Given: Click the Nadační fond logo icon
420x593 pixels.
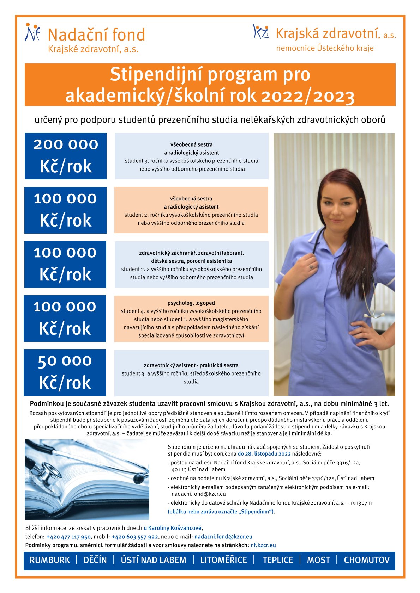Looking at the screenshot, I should click(x=32, y=32).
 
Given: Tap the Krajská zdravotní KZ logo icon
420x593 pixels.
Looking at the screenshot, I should click(x=261, y=31).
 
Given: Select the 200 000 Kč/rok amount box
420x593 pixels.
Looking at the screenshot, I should click(x=66, y=156).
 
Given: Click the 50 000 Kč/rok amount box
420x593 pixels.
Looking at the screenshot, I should click(x=65, y=372).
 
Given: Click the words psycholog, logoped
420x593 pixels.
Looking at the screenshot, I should click(x=191, y=303).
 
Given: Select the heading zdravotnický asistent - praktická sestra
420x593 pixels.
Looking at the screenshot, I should click(x=191, y=365).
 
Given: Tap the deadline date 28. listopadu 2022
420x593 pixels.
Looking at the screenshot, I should click(x=264, y=454).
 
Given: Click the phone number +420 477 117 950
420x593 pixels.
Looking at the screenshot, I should click(x=68, y=537).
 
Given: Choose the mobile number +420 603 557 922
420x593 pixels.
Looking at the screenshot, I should click(x=134, y=537).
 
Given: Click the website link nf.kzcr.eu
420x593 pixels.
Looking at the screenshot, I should click(x=263, y=545).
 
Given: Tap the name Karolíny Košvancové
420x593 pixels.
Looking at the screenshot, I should click(x=174, y=528).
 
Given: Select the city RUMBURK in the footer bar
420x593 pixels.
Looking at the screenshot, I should click(x=50, y=560).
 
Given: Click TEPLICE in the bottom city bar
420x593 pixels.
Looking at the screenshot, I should click(x=278, y=560).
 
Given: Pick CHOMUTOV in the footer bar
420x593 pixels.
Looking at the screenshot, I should click(x=366, y=560).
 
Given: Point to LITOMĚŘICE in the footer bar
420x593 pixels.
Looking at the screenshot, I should click(x=224, y=560).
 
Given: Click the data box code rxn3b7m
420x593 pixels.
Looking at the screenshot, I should click(x=361, y=503).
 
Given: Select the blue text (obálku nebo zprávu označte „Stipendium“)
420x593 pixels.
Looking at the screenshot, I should click(x=221, y=512).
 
